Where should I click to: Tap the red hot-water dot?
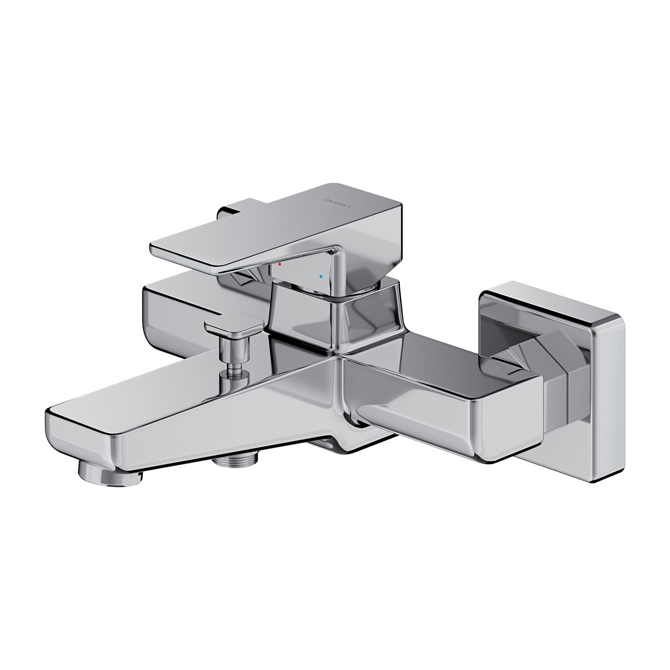(280, 264)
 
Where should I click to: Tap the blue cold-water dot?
(320, 277)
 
